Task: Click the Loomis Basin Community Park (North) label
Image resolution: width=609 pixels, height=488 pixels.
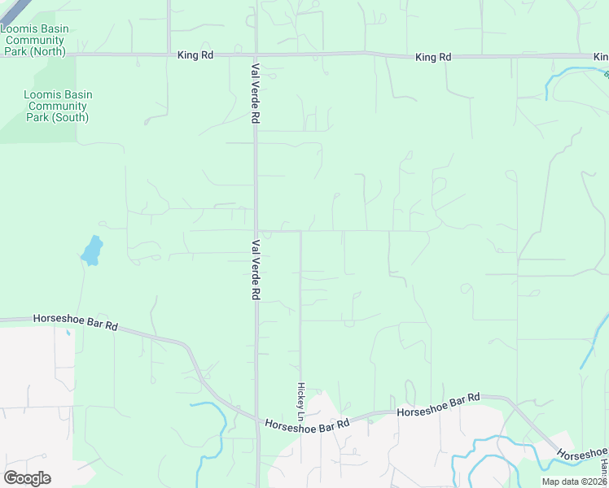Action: (x=34, y=40)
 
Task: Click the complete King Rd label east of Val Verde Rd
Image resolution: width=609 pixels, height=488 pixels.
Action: (x=432, y=57)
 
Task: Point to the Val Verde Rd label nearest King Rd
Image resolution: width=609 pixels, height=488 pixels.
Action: (x=255, y=93)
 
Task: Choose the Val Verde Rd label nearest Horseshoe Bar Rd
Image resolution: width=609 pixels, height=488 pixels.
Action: (x=255, y=270)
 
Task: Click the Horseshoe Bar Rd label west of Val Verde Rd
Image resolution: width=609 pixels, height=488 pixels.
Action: (x=76, y=322)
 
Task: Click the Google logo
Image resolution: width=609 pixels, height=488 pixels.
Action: (x=27, y=478)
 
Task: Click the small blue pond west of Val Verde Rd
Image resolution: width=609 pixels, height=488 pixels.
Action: (x=92, y=251)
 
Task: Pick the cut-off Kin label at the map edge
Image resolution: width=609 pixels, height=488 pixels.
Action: (x=601, y=57)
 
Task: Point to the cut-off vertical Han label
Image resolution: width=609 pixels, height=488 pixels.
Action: (x=605, y=467)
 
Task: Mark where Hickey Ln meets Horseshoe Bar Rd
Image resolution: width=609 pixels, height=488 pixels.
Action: (x=300, y=424)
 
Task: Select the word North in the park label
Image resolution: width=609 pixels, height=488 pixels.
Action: (x=50, y=52)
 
